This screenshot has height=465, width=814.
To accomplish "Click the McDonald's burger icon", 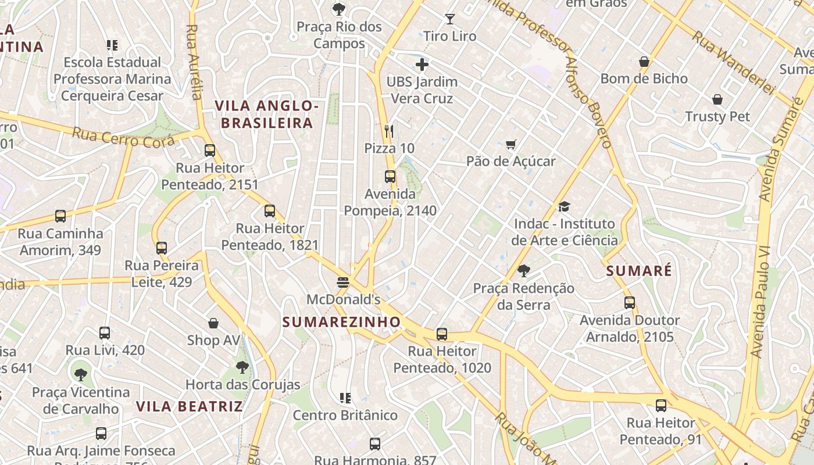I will point(343,282).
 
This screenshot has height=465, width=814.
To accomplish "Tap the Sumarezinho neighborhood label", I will point(342,322).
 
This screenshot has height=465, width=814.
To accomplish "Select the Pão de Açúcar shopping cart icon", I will point(510,144).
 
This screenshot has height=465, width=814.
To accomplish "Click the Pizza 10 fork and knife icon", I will point(389,131).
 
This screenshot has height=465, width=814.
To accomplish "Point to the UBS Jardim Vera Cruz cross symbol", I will point(422,65).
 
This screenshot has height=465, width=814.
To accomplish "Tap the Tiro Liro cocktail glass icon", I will point(449,19).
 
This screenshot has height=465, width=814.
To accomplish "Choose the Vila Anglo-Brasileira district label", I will point(267,115).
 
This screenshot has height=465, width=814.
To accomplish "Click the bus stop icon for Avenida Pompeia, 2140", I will point(390,176).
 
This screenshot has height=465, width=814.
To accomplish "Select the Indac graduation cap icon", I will point(564,206).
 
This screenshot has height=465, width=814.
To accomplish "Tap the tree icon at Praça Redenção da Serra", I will point(523,271).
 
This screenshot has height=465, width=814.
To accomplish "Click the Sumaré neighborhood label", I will point(639,271).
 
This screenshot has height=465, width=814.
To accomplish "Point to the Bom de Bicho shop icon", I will point(644,62).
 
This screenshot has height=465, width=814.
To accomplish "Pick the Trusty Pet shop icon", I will point(717,99).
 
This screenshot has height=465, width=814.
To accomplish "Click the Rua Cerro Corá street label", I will point(123,137).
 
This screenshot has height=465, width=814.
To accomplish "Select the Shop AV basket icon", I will point(213,323).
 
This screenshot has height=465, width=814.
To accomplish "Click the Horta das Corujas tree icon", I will point(242,367).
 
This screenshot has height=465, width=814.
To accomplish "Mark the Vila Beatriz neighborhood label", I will point(190,406).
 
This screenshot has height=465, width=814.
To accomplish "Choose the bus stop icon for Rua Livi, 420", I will point(105,333).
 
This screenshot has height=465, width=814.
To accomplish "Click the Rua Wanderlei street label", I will point(734,63).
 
